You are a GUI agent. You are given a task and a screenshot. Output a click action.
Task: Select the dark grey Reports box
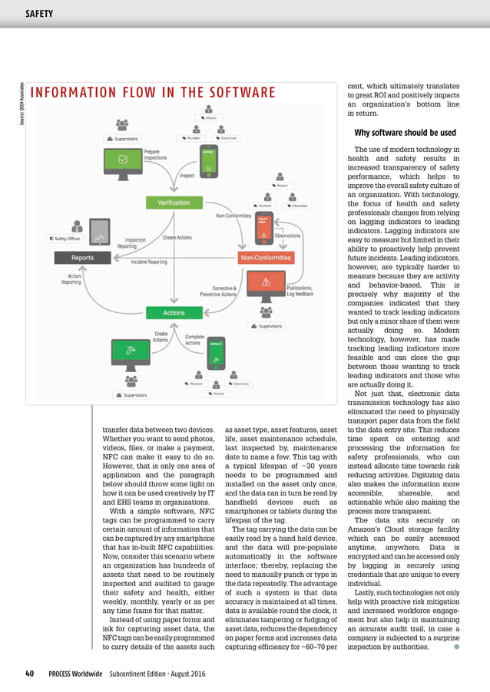[82, 258]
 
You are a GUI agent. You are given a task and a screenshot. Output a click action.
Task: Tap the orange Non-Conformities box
[266, 258]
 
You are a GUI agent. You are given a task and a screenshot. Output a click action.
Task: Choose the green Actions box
[174, 313]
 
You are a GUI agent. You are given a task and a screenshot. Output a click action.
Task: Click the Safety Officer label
[64, 238]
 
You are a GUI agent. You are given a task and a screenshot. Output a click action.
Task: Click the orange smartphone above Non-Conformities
[286, 227]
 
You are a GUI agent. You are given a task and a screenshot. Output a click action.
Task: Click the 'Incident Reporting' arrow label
[148, 262]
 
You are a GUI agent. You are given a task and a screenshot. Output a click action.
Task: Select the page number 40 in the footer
[29, 674]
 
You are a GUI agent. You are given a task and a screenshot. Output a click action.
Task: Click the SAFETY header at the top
[39, 13]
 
